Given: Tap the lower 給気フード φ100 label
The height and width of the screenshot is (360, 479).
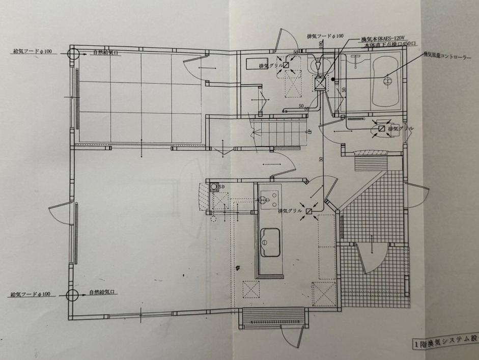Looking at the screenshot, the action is point(30,294).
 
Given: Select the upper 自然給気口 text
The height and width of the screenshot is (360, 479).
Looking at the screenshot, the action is point(106,52).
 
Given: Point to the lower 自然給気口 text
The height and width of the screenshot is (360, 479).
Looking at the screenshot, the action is point(103,293).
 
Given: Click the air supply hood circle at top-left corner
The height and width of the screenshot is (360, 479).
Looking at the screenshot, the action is point(72,52).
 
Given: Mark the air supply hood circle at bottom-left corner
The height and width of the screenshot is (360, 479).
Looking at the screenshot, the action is point(72,295).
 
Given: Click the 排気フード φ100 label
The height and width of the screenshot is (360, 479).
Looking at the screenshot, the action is point(325,37).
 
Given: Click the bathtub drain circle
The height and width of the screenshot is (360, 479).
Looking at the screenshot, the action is point(385,80).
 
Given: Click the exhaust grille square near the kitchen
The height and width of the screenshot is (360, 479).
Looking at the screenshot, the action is point(309,211).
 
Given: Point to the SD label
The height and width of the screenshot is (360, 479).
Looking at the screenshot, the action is point(221,187).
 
